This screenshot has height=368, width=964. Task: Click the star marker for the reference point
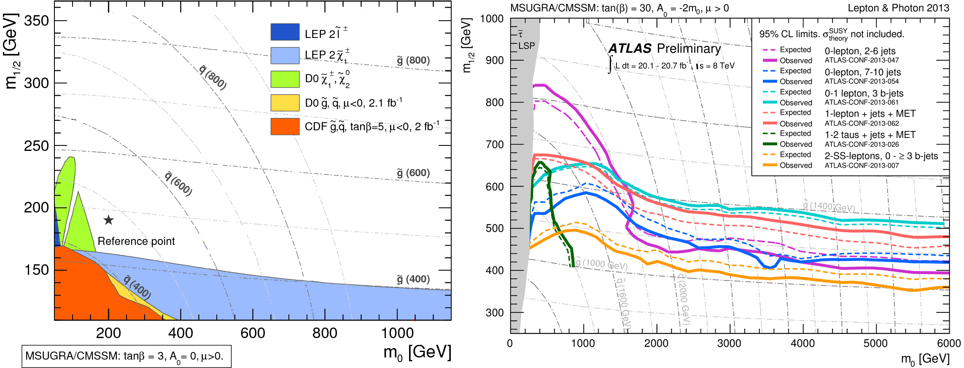[x=108, y=220]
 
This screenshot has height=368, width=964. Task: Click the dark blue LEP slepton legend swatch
[x=285, y=32]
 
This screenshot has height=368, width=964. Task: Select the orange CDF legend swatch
[x=285, y=126]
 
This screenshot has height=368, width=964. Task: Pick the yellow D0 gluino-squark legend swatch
[x=285, y=103]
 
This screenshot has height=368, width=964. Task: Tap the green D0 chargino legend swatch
[x=285, y=79]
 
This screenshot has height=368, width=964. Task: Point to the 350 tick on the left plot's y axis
[x=37, y=21]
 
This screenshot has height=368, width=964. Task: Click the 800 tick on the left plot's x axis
[x=325, y=333]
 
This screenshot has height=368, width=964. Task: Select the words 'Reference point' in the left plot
[x=136, y=241]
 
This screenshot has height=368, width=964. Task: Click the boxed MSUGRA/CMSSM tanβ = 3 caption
[x=126, y=356]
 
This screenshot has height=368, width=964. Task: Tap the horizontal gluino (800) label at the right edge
[x=413, y=60]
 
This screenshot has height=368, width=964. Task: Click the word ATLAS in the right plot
[x=630, y=49]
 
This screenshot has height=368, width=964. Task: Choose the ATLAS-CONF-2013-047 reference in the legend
[x=862, y=60]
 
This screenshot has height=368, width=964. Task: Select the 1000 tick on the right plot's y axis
[x=492, y=19]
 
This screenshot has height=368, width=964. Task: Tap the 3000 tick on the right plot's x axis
[x=729, y=343]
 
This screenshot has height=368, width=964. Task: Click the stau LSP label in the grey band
[x=525, y=41]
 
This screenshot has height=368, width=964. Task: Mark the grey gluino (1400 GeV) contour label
[x=828, y=207]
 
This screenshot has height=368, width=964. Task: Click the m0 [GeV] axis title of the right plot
[x=925, y=359]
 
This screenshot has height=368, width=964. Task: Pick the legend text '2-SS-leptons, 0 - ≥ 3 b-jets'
[x=881, y=156]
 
